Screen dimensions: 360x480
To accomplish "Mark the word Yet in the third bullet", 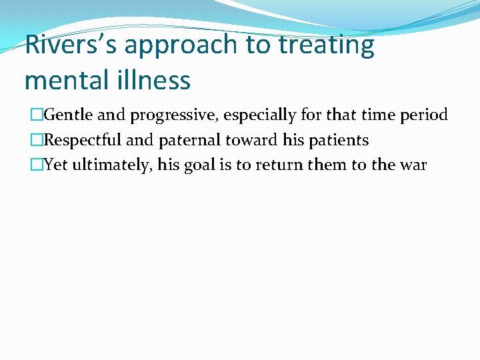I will click(x=55, y=165).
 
